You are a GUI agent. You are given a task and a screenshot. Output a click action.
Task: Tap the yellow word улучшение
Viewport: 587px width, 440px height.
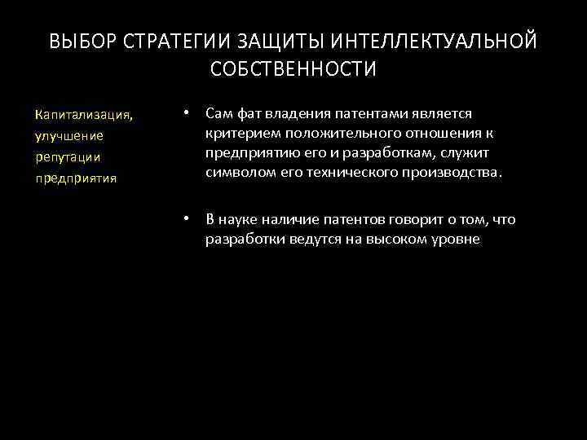click(69, 135)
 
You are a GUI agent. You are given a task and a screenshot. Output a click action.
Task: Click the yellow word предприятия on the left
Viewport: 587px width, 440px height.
click(76, 177)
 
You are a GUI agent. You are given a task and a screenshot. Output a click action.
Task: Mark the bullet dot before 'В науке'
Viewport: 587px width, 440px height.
click(187, 220)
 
